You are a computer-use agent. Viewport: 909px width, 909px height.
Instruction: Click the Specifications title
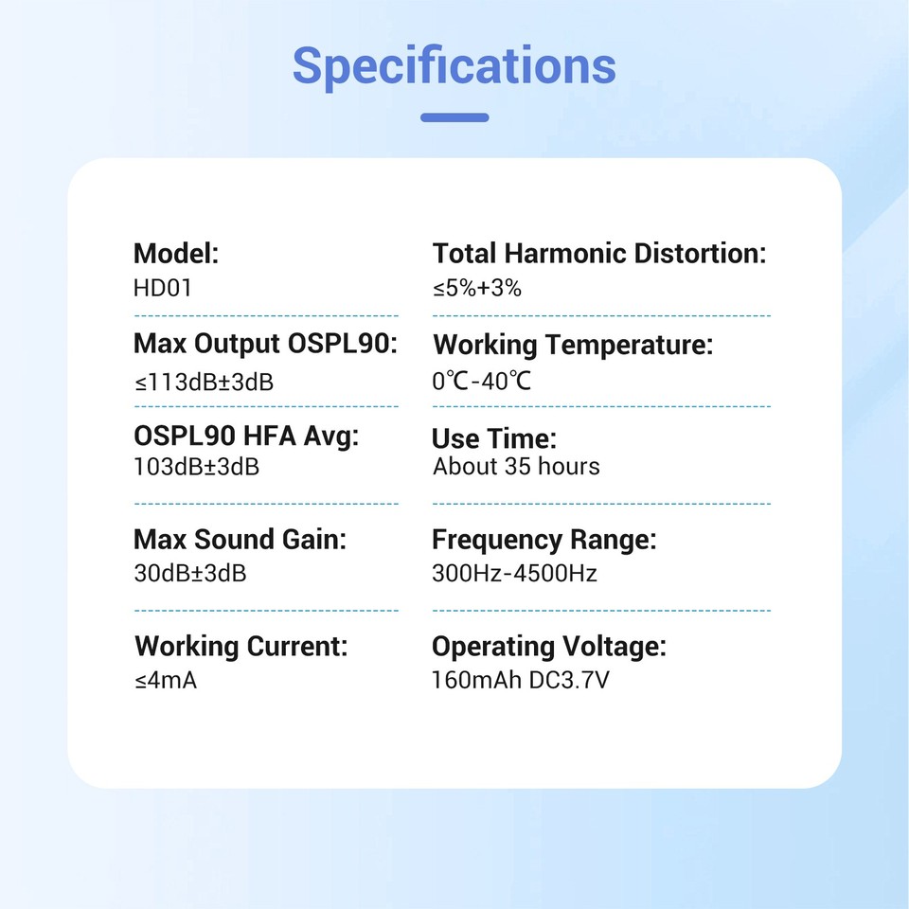click(454, 66)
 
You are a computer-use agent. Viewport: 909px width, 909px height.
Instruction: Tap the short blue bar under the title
click(454, 117)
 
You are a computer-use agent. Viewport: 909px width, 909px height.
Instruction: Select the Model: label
click(176, 254)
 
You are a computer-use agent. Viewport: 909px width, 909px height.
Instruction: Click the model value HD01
click(162, 288)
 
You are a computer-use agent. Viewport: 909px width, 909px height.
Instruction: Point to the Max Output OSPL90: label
click(265, 344)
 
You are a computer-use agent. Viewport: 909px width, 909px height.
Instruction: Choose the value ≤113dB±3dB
click(205, 382)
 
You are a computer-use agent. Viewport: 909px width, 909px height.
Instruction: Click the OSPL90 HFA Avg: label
click(246, 436)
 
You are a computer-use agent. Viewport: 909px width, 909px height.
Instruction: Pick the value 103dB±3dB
click(197, 467)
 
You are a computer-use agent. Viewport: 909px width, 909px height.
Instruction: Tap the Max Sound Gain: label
click(240, 539)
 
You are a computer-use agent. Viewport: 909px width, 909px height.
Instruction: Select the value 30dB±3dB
click(190, 574)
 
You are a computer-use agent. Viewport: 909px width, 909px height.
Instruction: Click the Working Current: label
click(241, 647)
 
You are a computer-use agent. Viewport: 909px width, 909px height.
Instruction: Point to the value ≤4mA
click(166, 680)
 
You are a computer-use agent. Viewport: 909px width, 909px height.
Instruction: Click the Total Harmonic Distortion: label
click(599, 254)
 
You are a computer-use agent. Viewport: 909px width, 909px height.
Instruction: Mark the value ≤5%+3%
click(477, 288)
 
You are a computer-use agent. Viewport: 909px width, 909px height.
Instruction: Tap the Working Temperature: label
click(574, 345)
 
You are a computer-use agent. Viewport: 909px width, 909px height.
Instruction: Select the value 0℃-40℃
click(481, 381)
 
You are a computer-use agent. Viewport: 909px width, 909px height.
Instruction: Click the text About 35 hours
click(516, 467)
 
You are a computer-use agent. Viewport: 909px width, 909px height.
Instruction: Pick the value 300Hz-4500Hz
click(515, 574)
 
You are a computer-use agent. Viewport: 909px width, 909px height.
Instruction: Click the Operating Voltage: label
click(549, 647)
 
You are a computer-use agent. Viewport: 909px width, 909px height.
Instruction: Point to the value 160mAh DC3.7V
click(521, 680)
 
